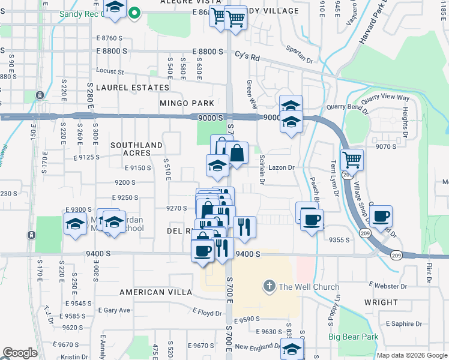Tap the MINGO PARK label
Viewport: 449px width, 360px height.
tap(187, 103)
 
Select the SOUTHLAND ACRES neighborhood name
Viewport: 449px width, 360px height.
tap(137, 149)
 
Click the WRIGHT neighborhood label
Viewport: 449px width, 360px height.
tap(381, 302)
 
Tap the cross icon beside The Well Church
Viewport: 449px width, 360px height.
tap(270, 286)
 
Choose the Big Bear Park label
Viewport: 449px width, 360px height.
tap(354, 337)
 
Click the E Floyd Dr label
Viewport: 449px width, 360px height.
tap(207, 312)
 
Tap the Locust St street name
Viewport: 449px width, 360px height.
tap(109, 71)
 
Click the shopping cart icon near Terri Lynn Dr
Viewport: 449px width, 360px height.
tap(351, 160)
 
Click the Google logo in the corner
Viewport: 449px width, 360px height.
tap(20, 353)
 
